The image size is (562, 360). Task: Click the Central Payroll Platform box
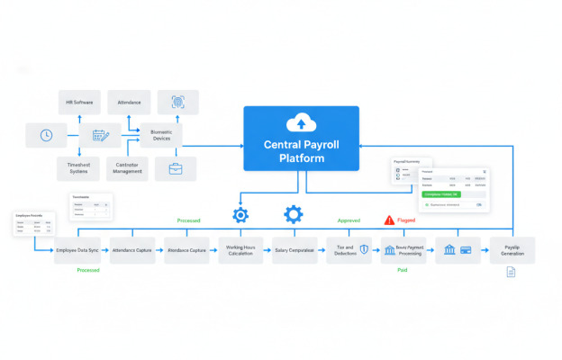tap(301, 138)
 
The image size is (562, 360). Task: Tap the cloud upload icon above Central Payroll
tap(297, 123)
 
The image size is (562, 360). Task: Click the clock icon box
tap(47, 136)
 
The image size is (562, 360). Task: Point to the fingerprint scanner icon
tap(177, 102)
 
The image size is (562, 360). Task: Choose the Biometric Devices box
tap(160, 135)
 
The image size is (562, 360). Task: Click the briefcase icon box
tap(176, 168)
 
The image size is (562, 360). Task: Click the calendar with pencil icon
tap(99, 137)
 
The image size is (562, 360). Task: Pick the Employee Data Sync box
tap(77, 249)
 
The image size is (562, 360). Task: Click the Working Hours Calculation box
tap(240, 249)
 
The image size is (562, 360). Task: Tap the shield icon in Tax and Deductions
tap(363, 249)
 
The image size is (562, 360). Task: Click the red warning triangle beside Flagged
tap(389, 220)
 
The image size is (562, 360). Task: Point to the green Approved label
tap(349, 220)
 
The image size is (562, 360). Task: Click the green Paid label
tap(403, 269)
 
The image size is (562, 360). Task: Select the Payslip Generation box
tap(512, 249)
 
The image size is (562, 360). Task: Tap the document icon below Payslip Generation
tap(511, 272)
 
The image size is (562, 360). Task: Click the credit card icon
tap(466, 249)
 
